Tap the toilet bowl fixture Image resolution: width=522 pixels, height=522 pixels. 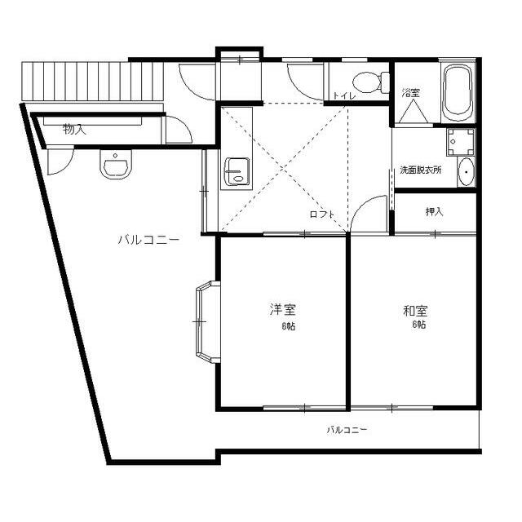click(365, 82)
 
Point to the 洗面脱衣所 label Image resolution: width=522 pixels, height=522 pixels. click(420, 170)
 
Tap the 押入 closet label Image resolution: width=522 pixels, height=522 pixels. click(434, 212)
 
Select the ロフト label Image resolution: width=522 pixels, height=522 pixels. click(321, 215)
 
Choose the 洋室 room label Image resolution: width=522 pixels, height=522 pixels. click(283, 310)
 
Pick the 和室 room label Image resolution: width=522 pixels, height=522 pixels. click(415, 310)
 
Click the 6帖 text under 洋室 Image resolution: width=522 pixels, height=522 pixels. click(289, 326)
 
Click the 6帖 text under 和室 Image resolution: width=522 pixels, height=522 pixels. click(419, 325)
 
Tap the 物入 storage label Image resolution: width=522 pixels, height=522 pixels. click(74, 129)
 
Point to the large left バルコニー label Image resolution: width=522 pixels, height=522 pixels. click(148, 240)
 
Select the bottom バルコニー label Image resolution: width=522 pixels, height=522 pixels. click(347, 429)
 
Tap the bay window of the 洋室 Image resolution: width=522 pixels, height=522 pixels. click(205, 321)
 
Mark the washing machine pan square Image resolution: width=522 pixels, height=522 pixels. click(460, 142)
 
